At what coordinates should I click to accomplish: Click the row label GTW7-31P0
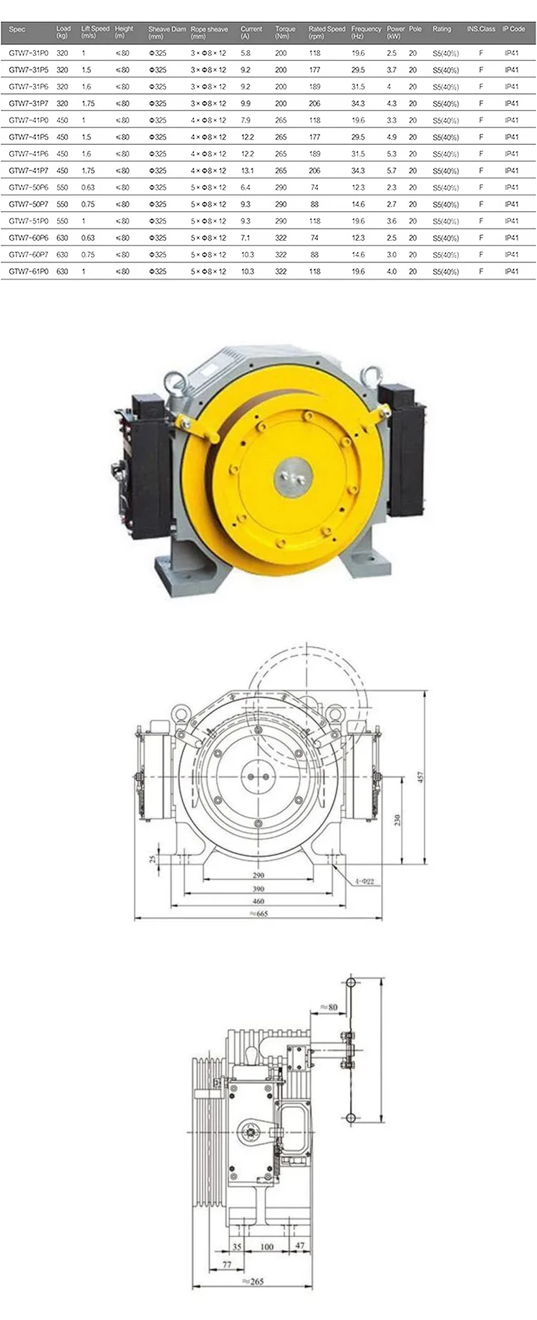click(x=29, y=53)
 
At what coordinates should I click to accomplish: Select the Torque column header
click(x=285, y=32)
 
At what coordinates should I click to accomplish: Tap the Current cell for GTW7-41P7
click(x=247, y=171)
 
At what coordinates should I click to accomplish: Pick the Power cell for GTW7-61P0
click(x=392, y=272)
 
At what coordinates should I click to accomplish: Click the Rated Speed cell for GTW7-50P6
click(x=314, y=188)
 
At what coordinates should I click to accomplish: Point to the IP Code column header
click(x=513, y=29)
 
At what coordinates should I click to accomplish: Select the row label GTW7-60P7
click(x=29, y=254)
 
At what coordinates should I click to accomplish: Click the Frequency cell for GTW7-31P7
click(x=358, y=104)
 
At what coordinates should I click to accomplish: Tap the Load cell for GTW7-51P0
click(x=62, y=221)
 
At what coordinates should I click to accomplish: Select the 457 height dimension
click(x=421, y=777)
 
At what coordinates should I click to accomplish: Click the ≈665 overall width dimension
click(x=257, y=914)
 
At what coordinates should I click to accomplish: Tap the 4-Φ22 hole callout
click(x=364, y=881)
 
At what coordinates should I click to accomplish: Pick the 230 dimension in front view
click(x=397, y=820)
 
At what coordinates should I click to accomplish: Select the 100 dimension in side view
click(x=267, y=1247)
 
